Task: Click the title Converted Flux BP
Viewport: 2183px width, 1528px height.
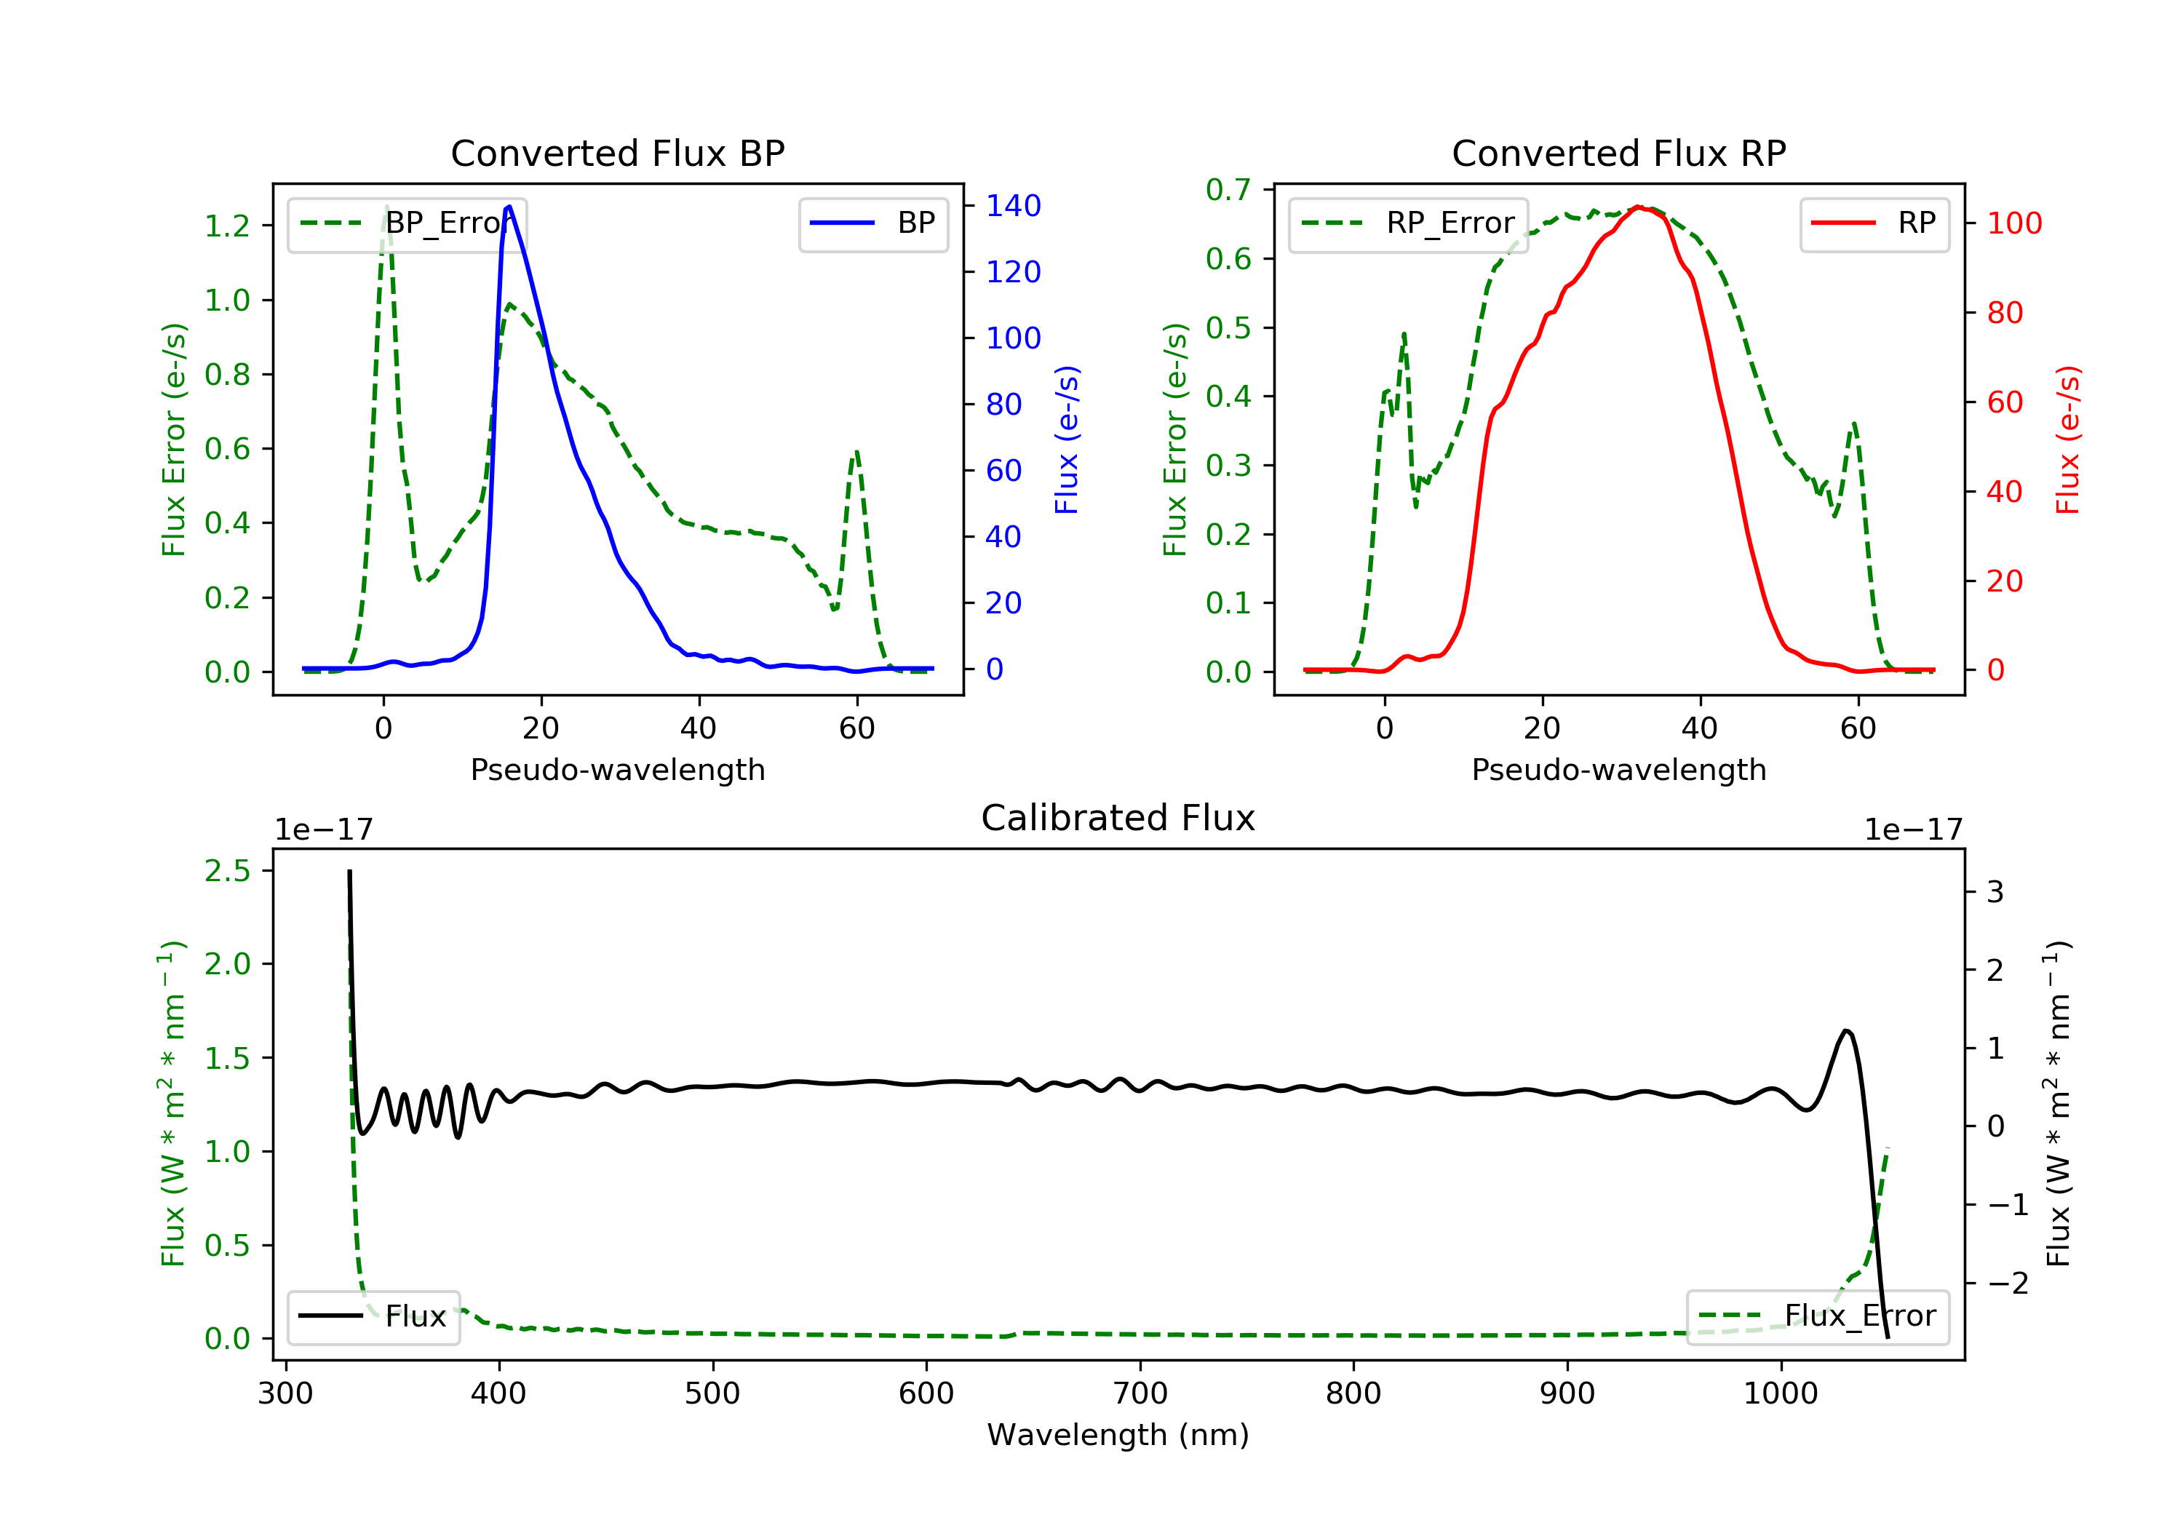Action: click(617, 153)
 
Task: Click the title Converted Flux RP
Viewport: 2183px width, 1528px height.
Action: click(1618, 153)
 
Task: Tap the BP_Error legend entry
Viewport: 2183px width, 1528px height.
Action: click(407, 223)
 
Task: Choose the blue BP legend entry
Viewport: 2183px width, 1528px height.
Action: click(872, 223)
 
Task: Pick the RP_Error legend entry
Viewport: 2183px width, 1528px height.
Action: click(1408, 223)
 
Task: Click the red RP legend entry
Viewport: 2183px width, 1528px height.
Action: click(1874, 223)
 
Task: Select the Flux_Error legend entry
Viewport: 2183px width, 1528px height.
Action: click(1817, 1316)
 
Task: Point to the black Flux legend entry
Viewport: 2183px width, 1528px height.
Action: click(374, 1316)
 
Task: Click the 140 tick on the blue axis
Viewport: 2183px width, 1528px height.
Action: click(1013, 205)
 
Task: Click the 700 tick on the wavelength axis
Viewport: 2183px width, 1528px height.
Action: click(1140, 1394)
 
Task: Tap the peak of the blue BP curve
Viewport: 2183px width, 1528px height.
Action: click(509, 207)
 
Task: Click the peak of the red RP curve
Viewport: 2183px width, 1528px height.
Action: click(1638, 207)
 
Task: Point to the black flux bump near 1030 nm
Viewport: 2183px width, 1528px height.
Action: click(1846, 1031)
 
